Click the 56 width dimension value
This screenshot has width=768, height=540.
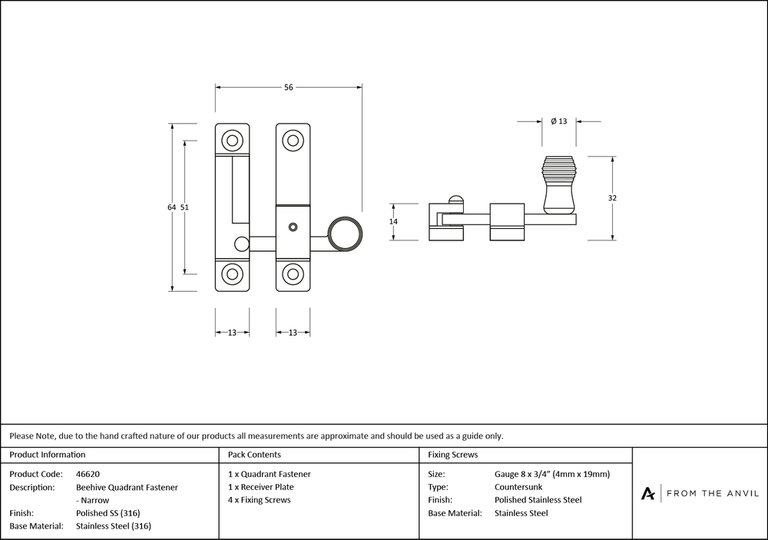(x=289, y=88)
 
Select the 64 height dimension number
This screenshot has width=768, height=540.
(x=171, y=207)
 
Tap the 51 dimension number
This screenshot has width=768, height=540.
(x=184, y=207)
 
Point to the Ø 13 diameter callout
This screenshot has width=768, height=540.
(x=558, y=121)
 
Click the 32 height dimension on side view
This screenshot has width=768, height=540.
(x=612, y=198)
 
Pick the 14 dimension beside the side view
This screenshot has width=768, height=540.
(x=393, y=221)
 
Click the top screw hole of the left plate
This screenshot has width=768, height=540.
(x=231, y=140)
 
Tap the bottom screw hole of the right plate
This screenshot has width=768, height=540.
(x=292, y=274)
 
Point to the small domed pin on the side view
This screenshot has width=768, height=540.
(x=455, y=201)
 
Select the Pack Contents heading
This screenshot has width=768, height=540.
(x=254, y=455)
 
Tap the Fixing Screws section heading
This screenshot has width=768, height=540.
(x=452, y=455)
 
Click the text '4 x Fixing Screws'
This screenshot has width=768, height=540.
(x=260, y=500)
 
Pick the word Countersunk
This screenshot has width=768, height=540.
(x=518, y=487)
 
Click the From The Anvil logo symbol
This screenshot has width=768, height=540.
(x=648, y=493)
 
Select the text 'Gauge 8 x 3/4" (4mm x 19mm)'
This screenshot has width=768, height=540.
(x=552, y=474)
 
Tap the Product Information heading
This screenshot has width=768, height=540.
(x=48, y=455)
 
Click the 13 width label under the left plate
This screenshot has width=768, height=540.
(x=231, y=333)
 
